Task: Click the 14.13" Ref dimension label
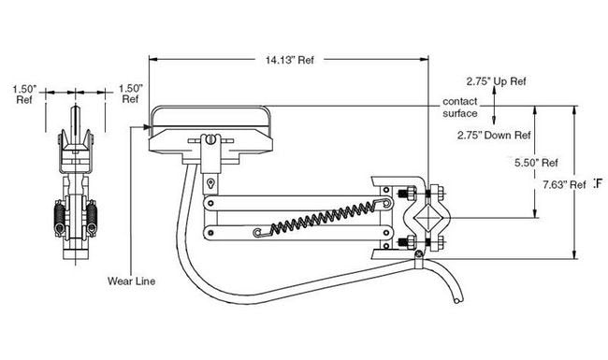[x=290, y=60]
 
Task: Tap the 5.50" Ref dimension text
[x=536, y=163]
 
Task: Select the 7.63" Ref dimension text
[x=565, y=185]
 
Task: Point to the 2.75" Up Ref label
[x=497, y=81]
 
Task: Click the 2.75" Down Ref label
[x=494, y=136]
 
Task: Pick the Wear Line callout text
[x=132, y=281]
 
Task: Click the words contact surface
[x=460, y=108]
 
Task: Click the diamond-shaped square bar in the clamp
[x=427, y=218]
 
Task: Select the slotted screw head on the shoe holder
[x=210, y=139]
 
